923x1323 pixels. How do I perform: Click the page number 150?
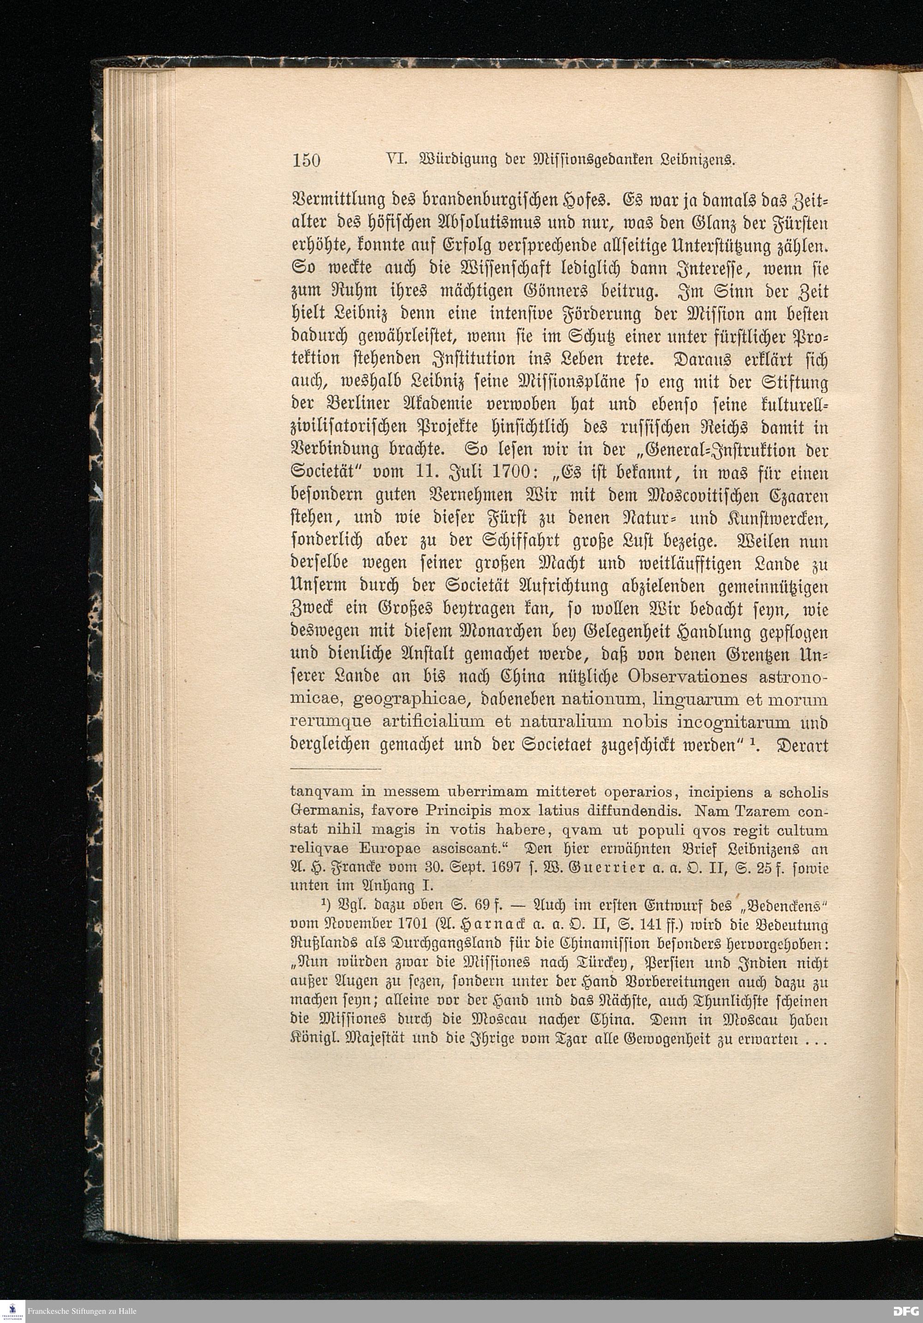(306, 160)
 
